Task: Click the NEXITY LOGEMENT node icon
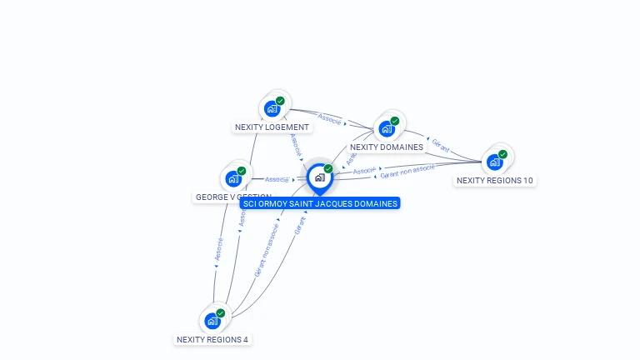pyautogui.click(x=272, y=108)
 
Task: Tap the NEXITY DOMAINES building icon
pyautogui.click(x=387, y=128)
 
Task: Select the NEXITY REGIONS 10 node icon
pyautogui.click(x=495, y=162)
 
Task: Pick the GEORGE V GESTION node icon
pyautogui.click(x=233, y=178)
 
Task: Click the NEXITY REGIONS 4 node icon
pyautogui.click(x=212, y=321)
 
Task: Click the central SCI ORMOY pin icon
pyautogui.click(x=319, y=177)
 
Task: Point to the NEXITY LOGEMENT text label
pyautogui.click(x=272, y=127)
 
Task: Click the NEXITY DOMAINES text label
pyautogui.click(x=387, y=147)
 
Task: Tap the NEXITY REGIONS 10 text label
pyautogui.click(x=495, y=181)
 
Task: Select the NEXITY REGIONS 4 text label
pyautogui.click(x=212, y=340)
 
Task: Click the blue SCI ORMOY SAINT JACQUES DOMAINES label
pyautogui.click(x=320, y=203)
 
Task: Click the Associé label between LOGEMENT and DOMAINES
pyautogui.click(x=330, y=119)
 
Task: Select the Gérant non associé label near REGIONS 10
pyautogui.click(x=407, y=171)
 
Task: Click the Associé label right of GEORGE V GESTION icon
pyautogui.click(x=277, y=179)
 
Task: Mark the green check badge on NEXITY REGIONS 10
pyautogui.click(x=503, y=154)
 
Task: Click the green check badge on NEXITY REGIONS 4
pyautogui.click(x=221, y=313)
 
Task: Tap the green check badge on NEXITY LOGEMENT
pyautogui.click(x=281, y=101)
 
